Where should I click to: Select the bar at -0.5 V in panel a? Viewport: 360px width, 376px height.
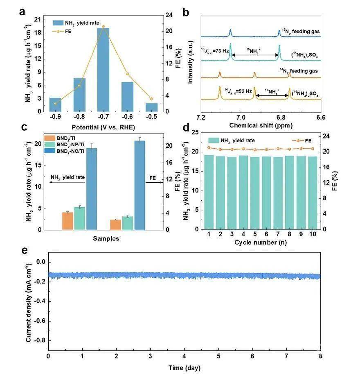click(x=151, y=107)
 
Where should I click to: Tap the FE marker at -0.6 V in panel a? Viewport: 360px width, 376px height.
click(x=128, y=74)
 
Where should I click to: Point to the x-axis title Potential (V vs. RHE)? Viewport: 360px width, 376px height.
click(x=103, y=127)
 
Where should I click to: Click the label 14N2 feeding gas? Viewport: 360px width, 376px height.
click(x=299, y=71)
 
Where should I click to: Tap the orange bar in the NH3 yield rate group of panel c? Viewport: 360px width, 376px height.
click(x=67, y=221)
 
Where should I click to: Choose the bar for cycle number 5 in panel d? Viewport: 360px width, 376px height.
click(x=255, y=193)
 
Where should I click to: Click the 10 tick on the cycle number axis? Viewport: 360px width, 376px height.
click(x=313, y=234)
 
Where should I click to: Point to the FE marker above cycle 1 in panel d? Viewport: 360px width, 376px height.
click(x=209, y=147)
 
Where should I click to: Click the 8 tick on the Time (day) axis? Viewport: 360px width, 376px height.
click(x=320, y=356)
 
